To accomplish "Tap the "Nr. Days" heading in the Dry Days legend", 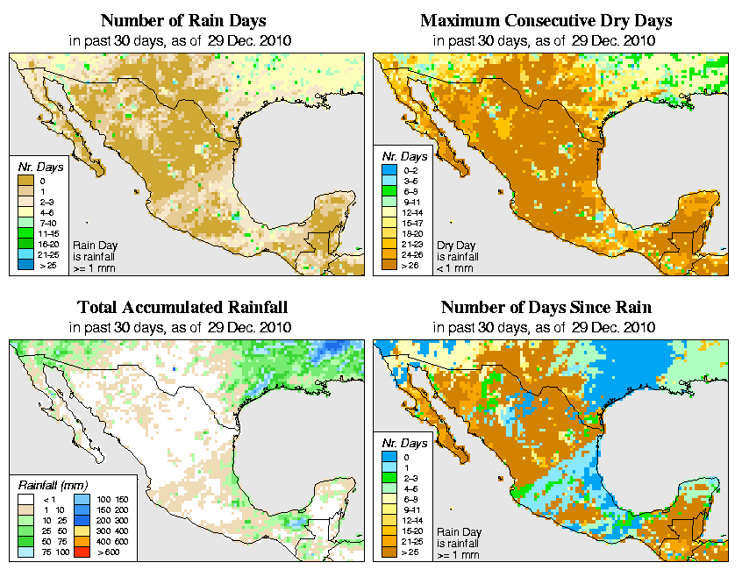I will click(408, 156).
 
